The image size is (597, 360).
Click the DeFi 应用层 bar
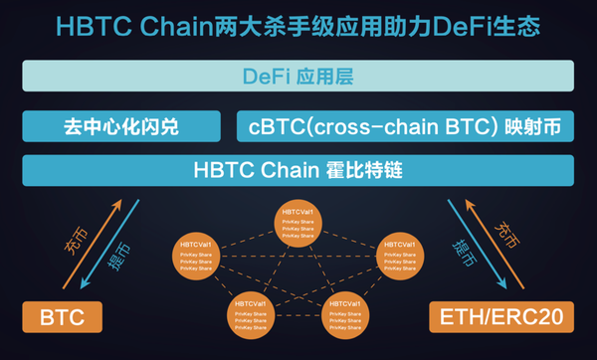coord(298,77)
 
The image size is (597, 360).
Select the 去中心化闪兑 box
coord(121,127)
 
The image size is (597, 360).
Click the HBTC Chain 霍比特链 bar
coord(298,168)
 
